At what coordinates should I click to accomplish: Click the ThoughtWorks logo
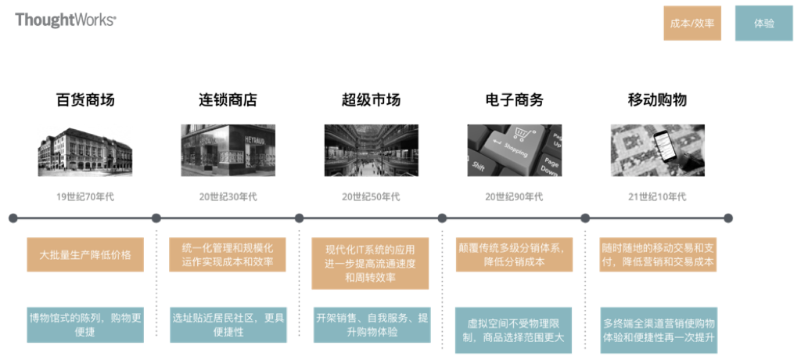[x=66, y=20]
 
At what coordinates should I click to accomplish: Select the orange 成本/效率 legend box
[x=692, y=23]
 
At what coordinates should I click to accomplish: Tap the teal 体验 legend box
[x=763, y=23]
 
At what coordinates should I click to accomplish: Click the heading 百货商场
[x=85, y=100]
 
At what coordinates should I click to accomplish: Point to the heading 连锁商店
[x=228, y=100]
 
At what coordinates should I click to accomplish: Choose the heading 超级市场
[x=371, y=100]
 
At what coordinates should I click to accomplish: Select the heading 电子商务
[x=514, y=100]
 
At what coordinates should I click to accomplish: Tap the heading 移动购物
[x=657, y=100]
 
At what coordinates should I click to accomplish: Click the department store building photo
[x=84, y=150]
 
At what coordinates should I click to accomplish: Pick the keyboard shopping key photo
[x=514, y=150]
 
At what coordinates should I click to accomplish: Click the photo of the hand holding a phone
[x=657, y=150]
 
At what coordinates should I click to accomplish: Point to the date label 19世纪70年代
[x=84, y=196]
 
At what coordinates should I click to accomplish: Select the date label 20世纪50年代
[x=371, y=196]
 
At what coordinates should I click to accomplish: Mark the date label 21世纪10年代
[x=657, y=196]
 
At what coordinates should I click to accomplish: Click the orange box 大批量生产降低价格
[x=85, y=255]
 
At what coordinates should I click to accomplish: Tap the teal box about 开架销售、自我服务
[x=372, y=325]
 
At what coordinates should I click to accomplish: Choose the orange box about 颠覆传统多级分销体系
[x=514, y=255]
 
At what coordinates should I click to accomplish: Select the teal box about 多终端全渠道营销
[x=659, y=330]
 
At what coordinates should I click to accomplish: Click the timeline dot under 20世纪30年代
[x=156, y=218]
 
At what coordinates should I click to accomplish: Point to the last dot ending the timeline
[x=728, y=218]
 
